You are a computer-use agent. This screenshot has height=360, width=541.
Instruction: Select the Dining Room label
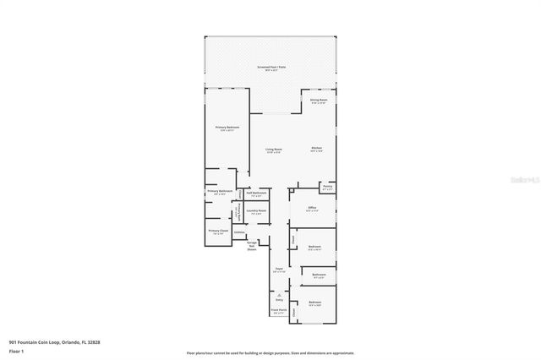pyautogui.click(x=318, y=101)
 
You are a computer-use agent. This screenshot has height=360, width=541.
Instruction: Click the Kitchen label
pyautogui.click(x=316, y=149)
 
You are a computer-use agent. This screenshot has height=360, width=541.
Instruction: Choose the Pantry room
pyautogui.click(x=327, y=188)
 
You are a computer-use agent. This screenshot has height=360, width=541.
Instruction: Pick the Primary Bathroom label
pyautogui.click(x=217, y=192)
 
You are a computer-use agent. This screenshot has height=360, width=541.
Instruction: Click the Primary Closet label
pyautogui.click(x=218, y=231)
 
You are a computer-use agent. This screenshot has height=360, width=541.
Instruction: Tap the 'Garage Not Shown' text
pyautogui.click(x=251, y=246)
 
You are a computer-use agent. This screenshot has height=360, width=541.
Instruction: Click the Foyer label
pyautogui.click(x=278, y=270)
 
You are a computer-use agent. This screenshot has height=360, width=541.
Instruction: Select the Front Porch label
pyautogui.click(x=278, y=311)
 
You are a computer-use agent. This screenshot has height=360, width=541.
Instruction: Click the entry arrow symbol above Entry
pyautogui.click(x=278, y=293)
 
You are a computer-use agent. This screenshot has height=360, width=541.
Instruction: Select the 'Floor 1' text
pyautogui.click(x=17, y=351)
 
